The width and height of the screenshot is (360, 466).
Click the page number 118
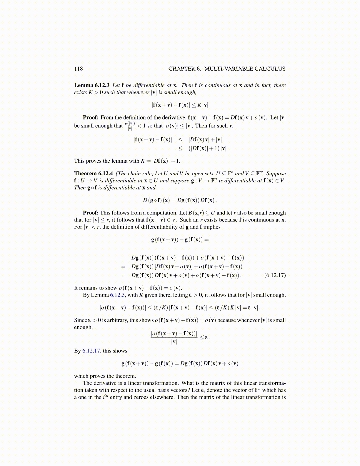tap(79, 69)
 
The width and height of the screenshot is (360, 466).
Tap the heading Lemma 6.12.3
tap(92, 85)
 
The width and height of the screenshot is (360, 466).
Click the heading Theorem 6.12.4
tap(94, 174)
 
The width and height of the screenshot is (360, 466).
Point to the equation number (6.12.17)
tap(275, 275)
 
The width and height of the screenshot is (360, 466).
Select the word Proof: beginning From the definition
tap(91, 118)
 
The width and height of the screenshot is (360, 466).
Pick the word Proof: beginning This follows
tap(91, 213)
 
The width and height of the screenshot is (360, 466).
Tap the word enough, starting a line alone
tap(83, 327)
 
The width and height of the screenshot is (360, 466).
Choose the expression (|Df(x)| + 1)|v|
tap(207, 149)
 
